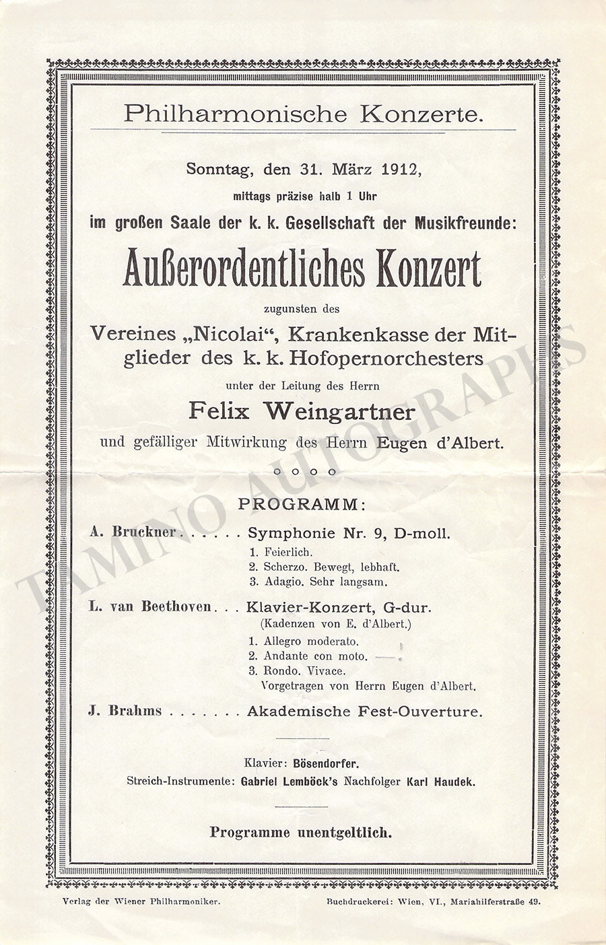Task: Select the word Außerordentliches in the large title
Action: pyautogui.click(x=243, y=269)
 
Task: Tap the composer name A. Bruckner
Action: pyautogui.click(x=133, y=532)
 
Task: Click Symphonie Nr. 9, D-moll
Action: pyautogui.click(x=349, y=533)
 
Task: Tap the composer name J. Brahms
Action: pyautogui.click(x=125, y=711)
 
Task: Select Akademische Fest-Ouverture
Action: pyautogui.click(x=364, y=711)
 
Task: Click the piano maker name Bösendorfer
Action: pyautogui.click(x=326, y=764)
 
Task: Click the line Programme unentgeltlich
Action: pyautogui.click(x=300, y=833)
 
